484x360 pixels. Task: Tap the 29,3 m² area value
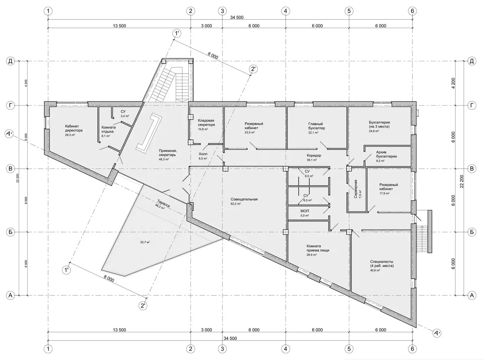[70, 135]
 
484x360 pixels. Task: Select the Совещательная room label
[244, 199]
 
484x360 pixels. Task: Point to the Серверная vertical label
[356, 189]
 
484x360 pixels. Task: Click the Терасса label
[163, 203]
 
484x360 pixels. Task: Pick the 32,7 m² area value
[145, 242]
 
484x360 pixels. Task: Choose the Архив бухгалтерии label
[386, 154]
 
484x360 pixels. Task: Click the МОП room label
[305, 211]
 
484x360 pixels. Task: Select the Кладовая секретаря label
[206, 122]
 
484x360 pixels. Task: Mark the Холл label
[203, 154]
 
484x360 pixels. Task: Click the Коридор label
[314, 155]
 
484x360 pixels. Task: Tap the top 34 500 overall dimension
[237, 17]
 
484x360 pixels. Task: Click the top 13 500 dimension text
[119, 26]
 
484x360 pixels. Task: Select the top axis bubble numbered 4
[285, 11]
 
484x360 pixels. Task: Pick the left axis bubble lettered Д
[10, 62]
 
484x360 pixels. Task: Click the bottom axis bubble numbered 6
[412, 349]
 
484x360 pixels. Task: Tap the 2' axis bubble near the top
[253, 69]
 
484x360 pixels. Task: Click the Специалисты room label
[382, 264]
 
